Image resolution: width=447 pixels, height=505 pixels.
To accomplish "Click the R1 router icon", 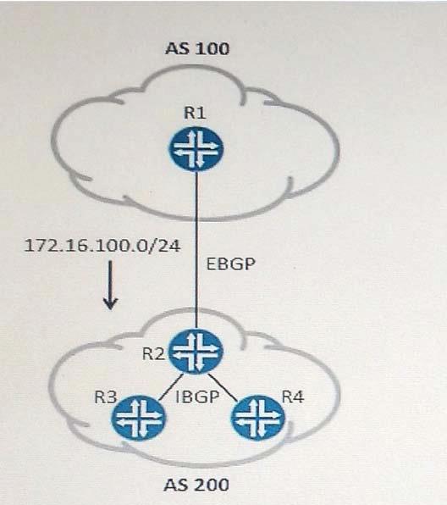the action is pos(196,149).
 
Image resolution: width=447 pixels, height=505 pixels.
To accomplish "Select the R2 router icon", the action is pos(196,352).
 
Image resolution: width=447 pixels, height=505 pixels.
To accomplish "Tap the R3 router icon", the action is pos(139,418).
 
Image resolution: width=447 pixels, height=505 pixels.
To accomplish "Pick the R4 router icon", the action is pos(257,418).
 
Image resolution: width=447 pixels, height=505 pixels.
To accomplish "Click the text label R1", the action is pos(195,113).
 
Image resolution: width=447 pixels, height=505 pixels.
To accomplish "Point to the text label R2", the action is pos(153,353).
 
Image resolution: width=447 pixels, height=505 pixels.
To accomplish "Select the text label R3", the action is pos(105,397).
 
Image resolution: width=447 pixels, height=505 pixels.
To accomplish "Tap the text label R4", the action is pos(293,397).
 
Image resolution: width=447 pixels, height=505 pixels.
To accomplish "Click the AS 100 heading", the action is pos(197,49).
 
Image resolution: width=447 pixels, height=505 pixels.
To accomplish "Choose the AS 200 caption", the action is pos(196,485).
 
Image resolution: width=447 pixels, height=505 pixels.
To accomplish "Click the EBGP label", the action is pos(231,264).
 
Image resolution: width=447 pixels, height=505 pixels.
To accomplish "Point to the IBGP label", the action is pos(197,397).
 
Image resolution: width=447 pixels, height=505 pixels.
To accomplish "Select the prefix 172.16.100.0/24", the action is pos(102,246).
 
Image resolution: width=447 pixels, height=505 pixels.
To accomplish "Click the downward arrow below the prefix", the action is pos(110,285).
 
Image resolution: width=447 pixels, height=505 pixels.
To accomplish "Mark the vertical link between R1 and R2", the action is pos(196,250).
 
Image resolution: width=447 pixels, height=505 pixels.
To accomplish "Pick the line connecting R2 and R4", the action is pos(223,387).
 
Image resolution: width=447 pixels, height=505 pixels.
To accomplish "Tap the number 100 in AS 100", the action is pos(212,49).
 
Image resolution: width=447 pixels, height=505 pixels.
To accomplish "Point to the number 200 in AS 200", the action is pos(212,485).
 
